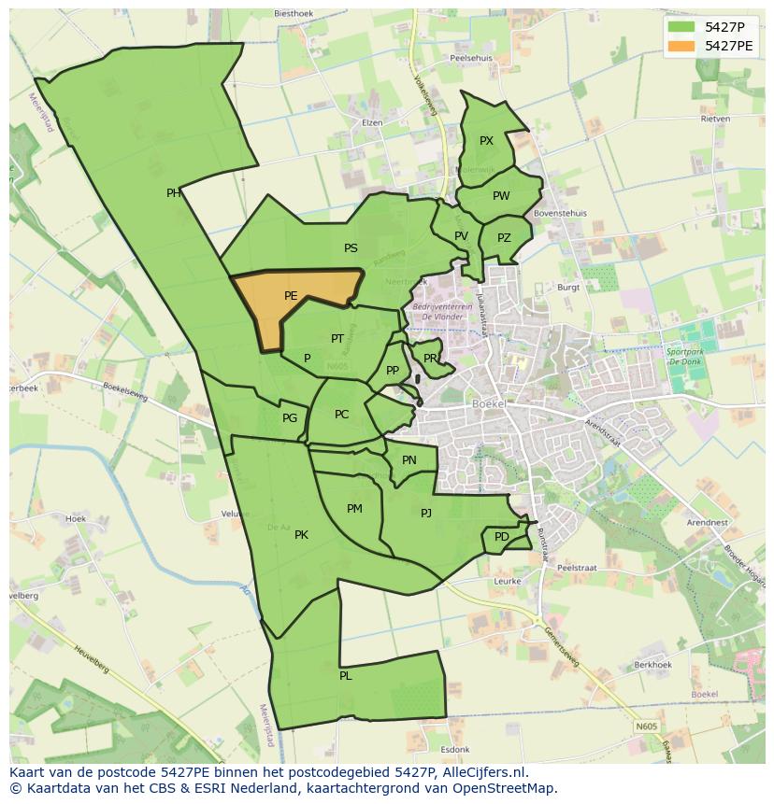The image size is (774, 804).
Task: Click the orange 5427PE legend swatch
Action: (682, 45)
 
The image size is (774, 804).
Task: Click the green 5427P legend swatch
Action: (682, 26)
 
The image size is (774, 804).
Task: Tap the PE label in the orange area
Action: (291, 296)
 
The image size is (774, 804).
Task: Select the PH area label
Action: (174, 193)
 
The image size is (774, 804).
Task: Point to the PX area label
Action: (486, 141)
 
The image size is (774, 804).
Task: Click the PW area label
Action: (501, 196)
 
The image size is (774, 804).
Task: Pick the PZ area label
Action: (504, 238)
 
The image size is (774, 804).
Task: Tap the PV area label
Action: (461, 236)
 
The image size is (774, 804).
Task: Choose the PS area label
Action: (351, 248)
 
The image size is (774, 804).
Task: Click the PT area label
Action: (337, 339)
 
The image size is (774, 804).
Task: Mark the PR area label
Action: (430, 358)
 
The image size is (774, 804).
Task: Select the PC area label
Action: (341, 415)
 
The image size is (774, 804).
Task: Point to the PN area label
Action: (409, 460)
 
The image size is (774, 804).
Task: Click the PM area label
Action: (354, 509)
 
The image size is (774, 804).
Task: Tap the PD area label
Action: (502, 537)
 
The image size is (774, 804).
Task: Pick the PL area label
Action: (346, 675)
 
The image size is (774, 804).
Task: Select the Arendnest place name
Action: (706, 523)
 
